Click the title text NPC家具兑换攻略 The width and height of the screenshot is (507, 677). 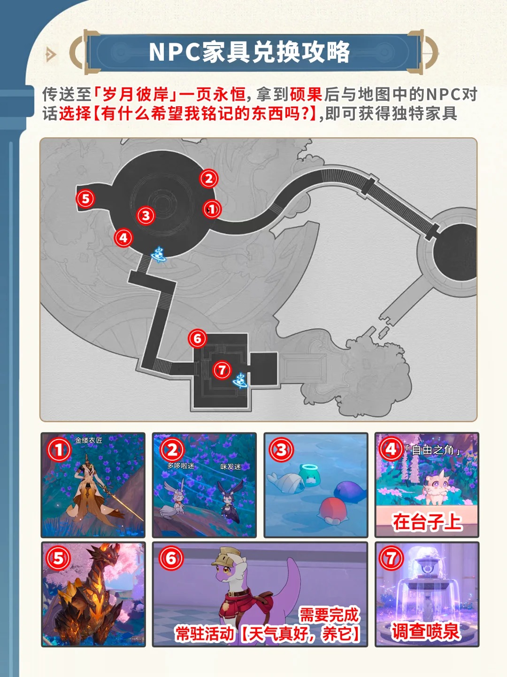[249, 52]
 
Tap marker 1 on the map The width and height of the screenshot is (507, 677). [212, 209]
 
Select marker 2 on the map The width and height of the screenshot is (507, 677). [208, 179]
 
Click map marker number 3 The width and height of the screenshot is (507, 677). [146, 215]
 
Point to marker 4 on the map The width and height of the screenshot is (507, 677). [123, 238]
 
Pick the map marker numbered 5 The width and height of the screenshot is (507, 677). [85, 198]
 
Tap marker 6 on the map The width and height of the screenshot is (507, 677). [197, 338]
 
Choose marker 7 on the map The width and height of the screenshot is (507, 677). [222, 370]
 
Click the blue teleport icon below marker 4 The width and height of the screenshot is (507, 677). [159, 254]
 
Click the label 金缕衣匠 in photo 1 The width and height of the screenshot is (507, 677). [88, 441]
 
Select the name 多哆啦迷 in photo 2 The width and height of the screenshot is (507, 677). [180, 465]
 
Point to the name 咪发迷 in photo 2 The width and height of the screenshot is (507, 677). [230, 467]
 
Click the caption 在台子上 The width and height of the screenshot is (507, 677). [427, 522]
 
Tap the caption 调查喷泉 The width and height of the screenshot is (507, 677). [425, 631]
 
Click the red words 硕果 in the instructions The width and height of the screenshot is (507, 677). [306, 94]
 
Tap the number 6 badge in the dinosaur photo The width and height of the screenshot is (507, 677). [171, 559]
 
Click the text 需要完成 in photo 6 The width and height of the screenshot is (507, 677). [329, 614]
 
